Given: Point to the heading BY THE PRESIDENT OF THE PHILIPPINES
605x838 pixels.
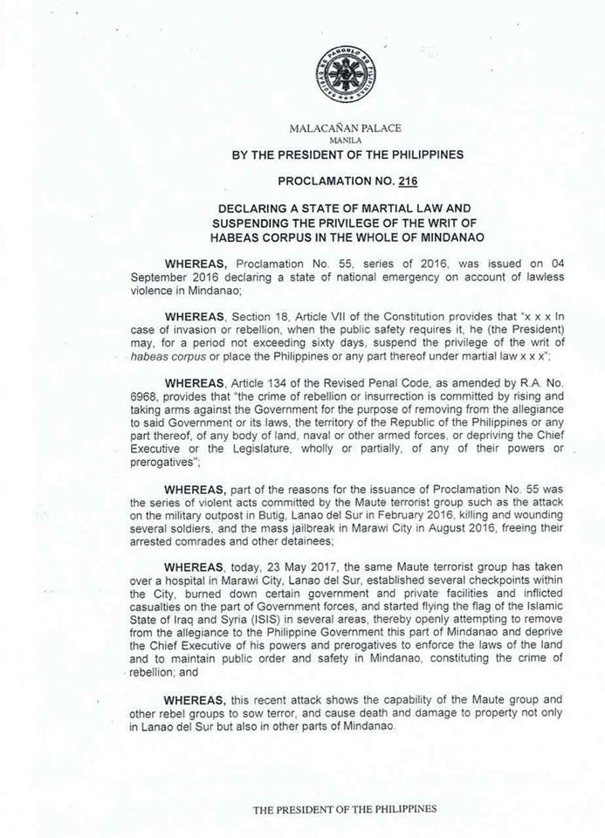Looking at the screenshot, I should click(347, 155).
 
